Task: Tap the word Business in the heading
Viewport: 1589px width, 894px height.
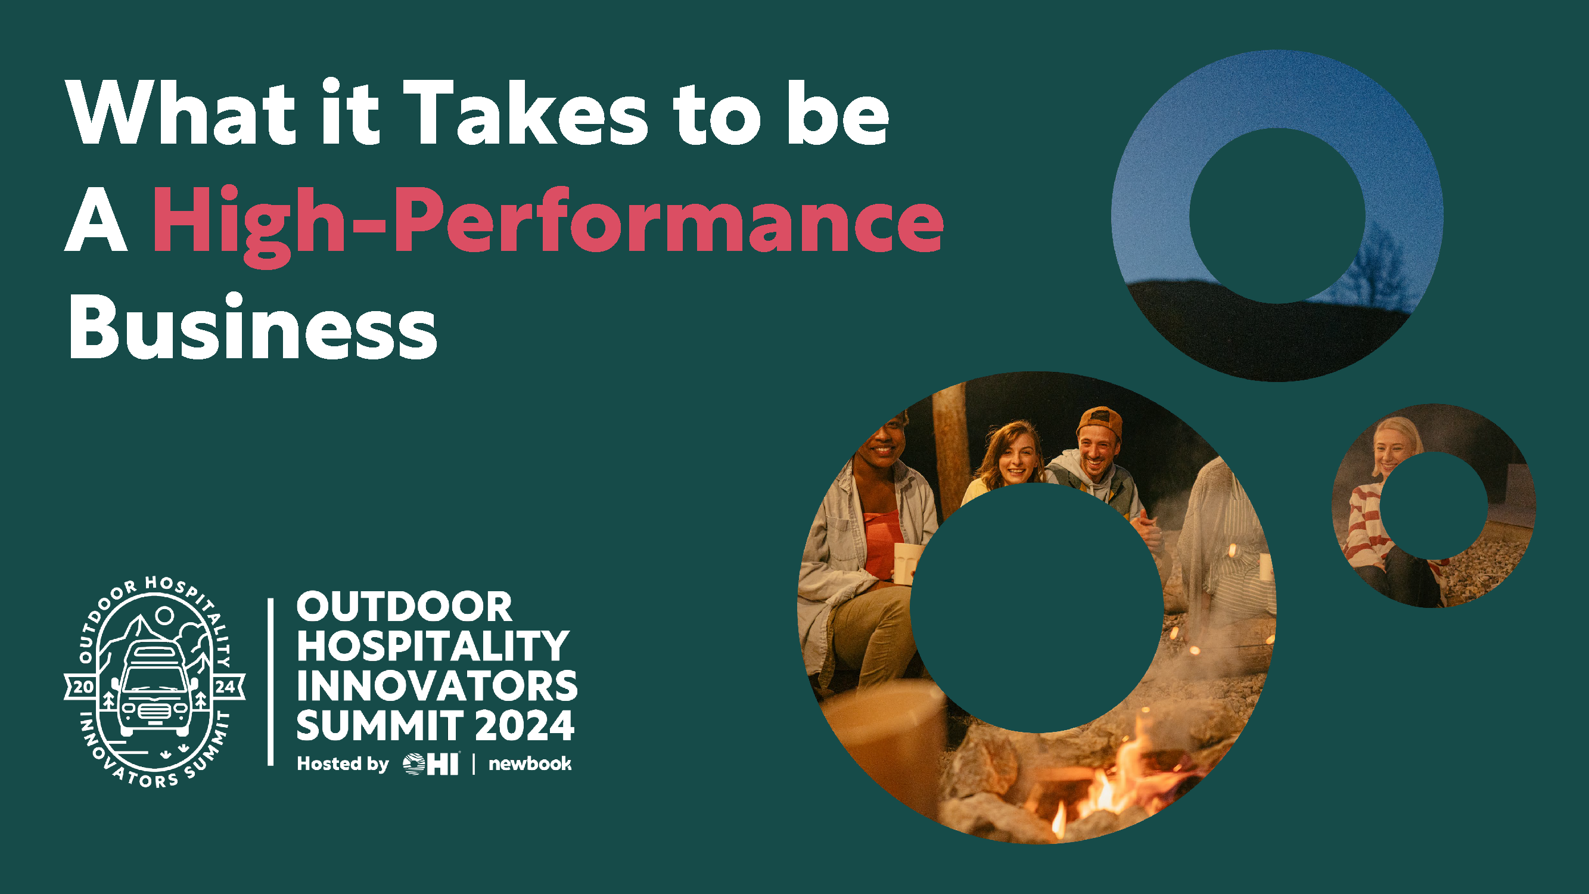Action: coord(252,327)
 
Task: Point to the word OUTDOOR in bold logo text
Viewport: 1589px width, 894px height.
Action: coord(404,607)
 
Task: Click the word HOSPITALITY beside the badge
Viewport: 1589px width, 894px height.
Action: coord(433,646)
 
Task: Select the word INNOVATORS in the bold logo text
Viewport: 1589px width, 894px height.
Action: coord(437,685)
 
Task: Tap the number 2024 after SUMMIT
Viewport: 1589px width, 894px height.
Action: coord(525,725)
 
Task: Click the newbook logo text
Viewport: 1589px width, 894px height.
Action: coord(530,764)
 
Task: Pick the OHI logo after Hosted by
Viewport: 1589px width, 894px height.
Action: coord(431,764)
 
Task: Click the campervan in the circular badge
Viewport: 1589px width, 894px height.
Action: coord(155,688)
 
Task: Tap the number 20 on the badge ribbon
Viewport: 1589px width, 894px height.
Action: coord(83,687)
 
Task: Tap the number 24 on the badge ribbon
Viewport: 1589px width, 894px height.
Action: coord(225,687)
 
